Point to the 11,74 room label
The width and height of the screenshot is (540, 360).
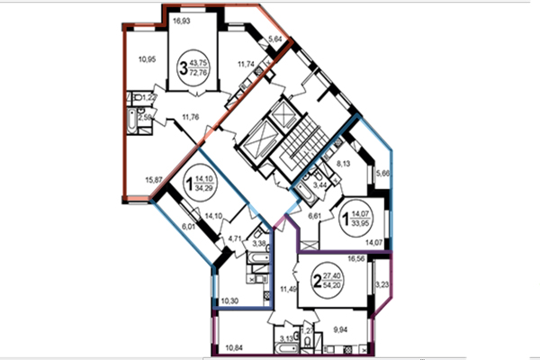tap(247, 65)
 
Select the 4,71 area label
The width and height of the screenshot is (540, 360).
tap(236, 238)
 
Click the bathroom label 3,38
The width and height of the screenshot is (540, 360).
tap(259, 244)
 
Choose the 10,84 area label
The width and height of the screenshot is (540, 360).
tap(235, 346)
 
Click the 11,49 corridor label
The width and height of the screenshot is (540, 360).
tap(286, 289)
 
